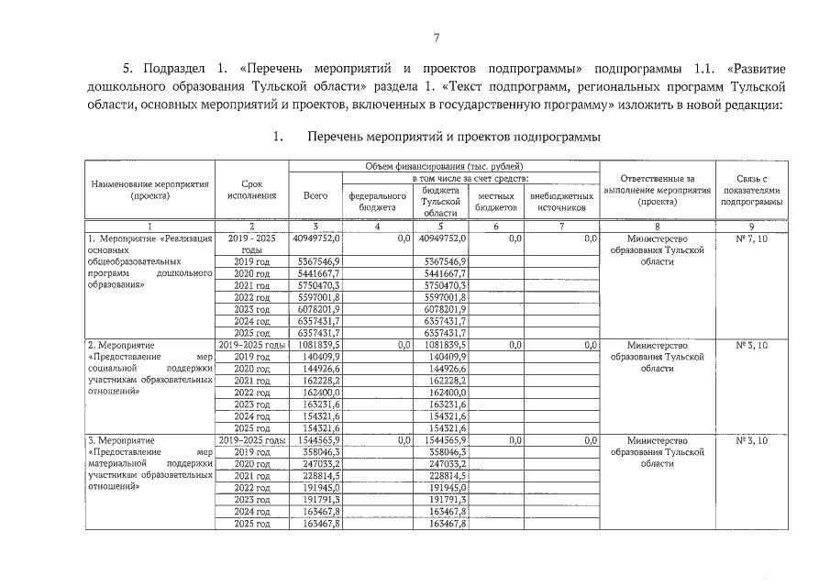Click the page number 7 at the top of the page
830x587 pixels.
[437, 37]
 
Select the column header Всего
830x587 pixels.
[315, 195]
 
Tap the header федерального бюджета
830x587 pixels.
[377, 201]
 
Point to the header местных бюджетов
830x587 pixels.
[496, 201]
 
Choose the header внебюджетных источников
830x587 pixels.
[561, 201]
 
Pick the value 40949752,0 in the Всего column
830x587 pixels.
[316, 238]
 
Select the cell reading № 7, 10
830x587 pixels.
[751, 238]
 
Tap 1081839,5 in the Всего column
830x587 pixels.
[320, 345]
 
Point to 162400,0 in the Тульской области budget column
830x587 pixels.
[448, 393]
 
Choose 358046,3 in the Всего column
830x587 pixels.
[320, 452]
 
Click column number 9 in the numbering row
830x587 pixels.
[751, 226]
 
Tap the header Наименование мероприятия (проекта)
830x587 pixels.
[150, 190]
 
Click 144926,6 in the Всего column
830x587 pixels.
[320, 369]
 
